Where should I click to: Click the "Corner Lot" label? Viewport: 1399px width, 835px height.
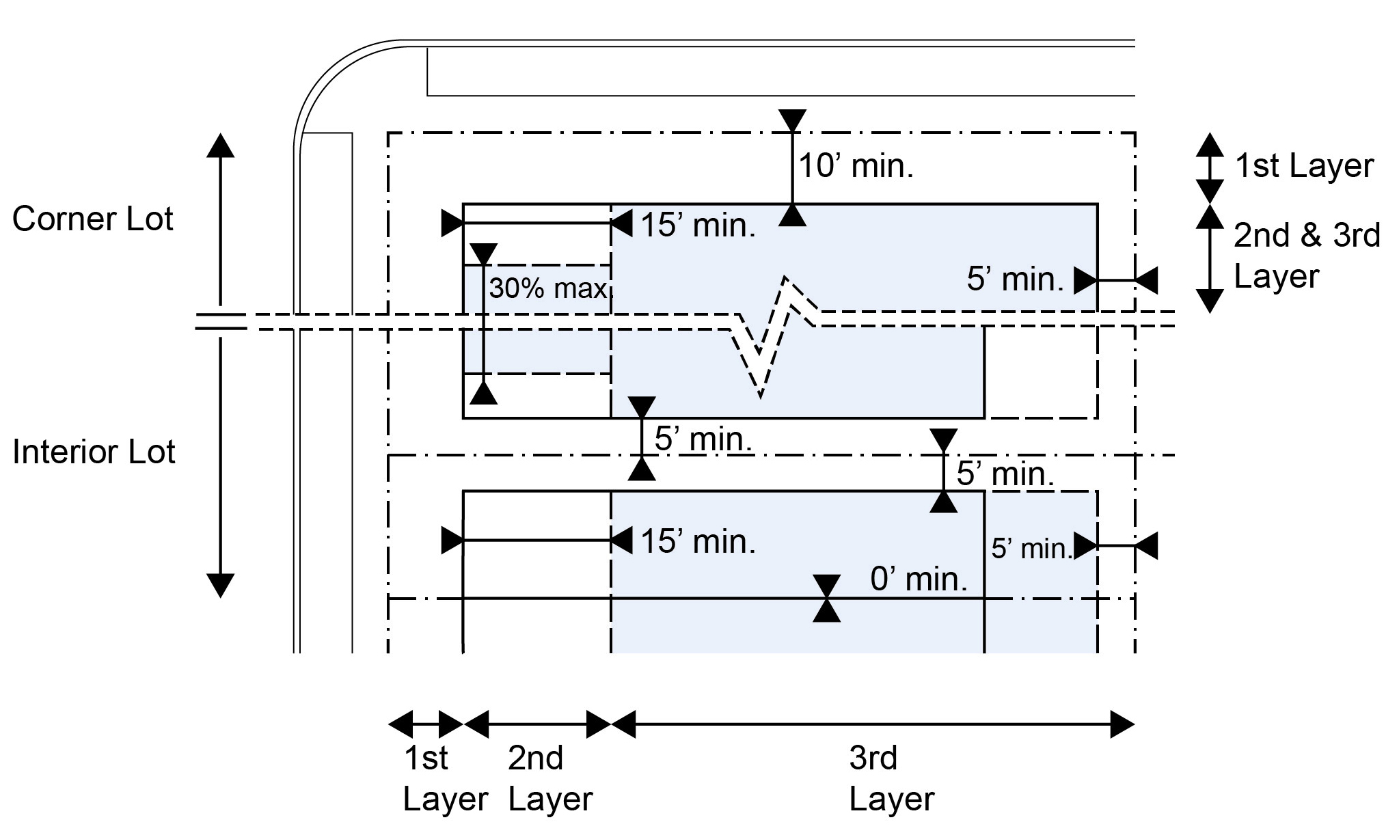(x=93, y=219)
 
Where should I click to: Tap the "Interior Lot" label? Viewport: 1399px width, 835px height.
(x=94, y=452)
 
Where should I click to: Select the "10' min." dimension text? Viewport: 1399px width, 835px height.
(x=856, y=166)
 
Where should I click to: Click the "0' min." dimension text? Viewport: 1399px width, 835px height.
(x=919, y=579)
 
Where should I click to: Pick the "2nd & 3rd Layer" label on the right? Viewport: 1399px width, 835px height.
(x=1306, y=256)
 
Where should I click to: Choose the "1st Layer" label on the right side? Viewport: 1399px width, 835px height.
(x=1304, y=166)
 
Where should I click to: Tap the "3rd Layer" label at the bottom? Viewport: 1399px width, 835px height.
(x=891, y=778)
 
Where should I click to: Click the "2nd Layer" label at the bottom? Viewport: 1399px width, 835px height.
(x=549, y=778)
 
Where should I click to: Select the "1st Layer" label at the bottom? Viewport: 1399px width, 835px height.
(x=445, y=778)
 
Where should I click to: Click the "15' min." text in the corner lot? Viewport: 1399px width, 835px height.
(x=698, y=225)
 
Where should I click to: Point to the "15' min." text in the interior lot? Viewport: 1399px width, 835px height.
(x=698, y=542)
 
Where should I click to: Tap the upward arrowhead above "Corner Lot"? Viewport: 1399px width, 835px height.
(x=220, y=146)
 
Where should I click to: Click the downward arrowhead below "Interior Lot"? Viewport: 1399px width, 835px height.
(x=220, y=586)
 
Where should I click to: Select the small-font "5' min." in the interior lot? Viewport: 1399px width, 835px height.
(x=1031, y=549)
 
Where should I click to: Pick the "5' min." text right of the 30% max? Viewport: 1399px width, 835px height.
(x=1015, y=279)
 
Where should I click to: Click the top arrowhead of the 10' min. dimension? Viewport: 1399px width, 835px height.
(x=792, y=120)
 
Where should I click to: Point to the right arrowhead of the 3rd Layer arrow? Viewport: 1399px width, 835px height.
(x=1122, y=724)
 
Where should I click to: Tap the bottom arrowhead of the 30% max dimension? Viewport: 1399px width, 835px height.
(x=484, y=393)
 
